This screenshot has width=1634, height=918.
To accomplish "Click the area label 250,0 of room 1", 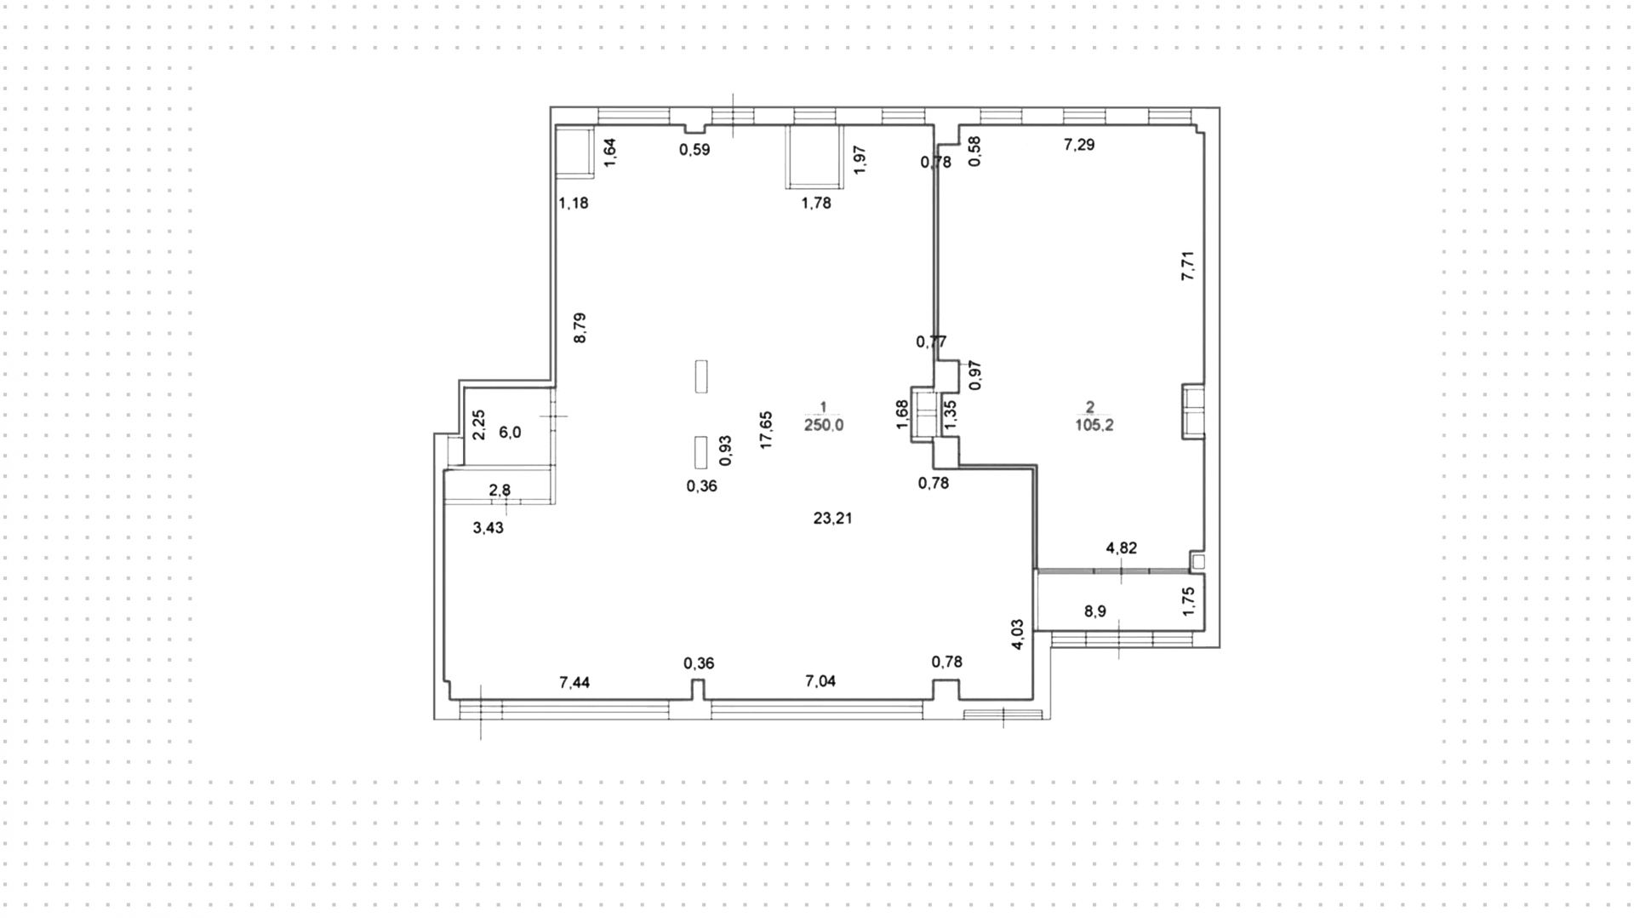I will click(823, 425).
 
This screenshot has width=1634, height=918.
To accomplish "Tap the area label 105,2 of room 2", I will click(1094, 425).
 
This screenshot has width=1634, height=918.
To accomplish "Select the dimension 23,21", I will click(832, 518).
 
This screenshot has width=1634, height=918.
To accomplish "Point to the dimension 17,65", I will click(766, 430).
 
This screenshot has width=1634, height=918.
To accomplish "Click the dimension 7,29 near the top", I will click(1079, 145).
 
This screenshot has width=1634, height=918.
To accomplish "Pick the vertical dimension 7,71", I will click(1188, 266).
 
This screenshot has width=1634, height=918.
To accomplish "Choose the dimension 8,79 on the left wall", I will click(580, 328).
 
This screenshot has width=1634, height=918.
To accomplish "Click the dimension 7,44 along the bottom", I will click(574, 682).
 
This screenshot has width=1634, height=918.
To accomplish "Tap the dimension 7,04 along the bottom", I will click(820, 681).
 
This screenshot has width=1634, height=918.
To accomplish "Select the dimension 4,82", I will click(1121, 548).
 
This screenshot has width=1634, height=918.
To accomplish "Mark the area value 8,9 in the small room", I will click(1095, 611).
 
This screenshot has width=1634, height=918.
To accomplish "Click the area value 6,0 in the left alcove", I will click(510, 433).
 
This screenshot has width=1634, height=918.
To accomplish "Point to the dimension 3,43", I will click(488, 528).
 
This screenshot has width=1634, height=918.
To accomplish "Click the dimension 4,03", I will click(1018, 635).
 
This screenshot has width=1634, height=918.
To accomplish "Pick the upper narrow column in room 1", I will click(701, 376).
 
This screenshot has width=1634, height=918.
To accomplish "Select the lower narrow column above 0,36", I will click(700, 452).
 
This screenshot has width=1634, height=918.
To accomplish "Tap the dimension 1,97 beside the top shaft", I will click(860, 160).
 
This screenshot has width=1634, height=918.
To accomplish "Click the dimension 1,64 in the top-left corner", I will click(609, 152).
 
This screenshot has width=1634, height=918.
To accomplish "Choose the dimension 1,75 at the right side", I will click(1189, 601).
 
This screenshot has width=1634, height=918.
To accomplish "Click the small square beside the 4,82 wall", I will click(1198, 561).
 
